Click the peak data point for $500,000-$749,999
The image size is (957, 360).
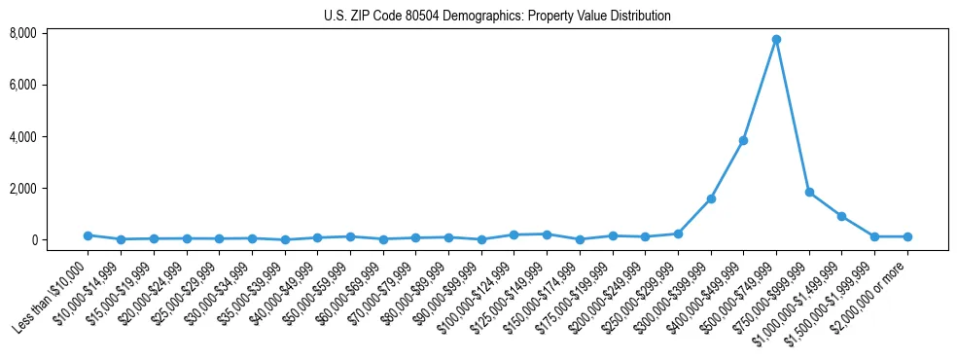[x=776, y=40]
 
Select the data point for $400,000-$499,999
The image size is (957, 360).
[x=743, y=140]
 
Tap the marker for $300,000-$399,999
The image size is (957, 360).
[x=711, y=198]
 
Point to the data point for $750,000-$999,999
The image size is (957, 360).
[x=809, y=193]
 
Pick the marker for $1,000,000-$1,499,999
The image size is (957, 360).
[x=842, y=216]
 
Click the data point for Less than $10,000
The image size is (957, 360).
[x=88, y=235]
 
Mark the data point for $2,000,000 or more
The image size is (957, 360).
[x=907, y=236]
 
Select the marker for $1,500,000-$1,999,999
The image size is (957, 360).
[x=874, y=236]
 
